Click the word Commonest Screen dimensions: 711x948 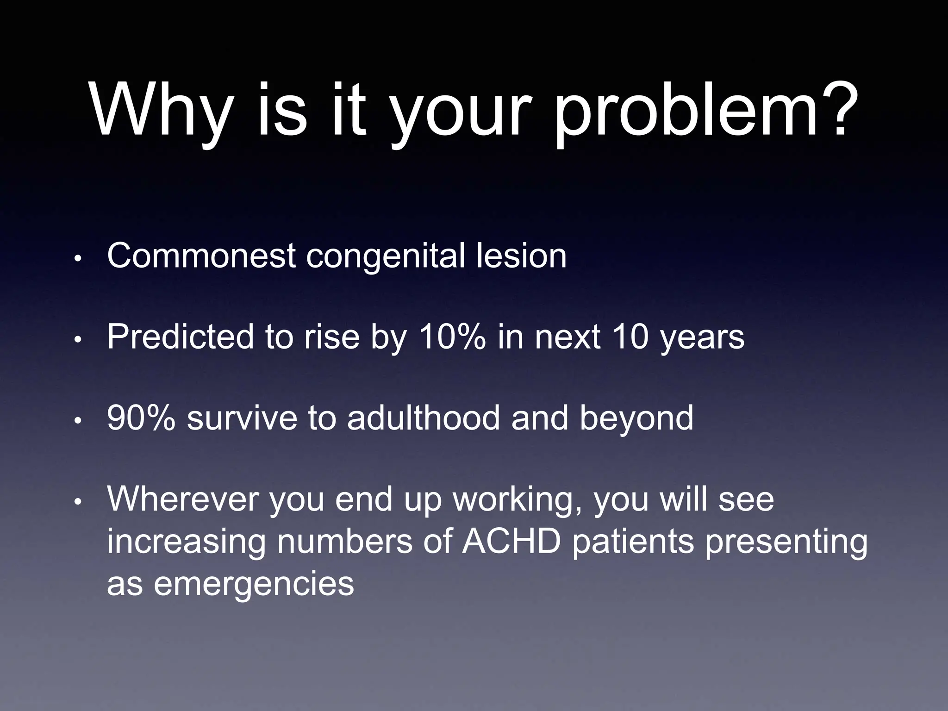click(201, 256)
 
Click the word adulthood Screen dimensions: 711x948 click(424, 418)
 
